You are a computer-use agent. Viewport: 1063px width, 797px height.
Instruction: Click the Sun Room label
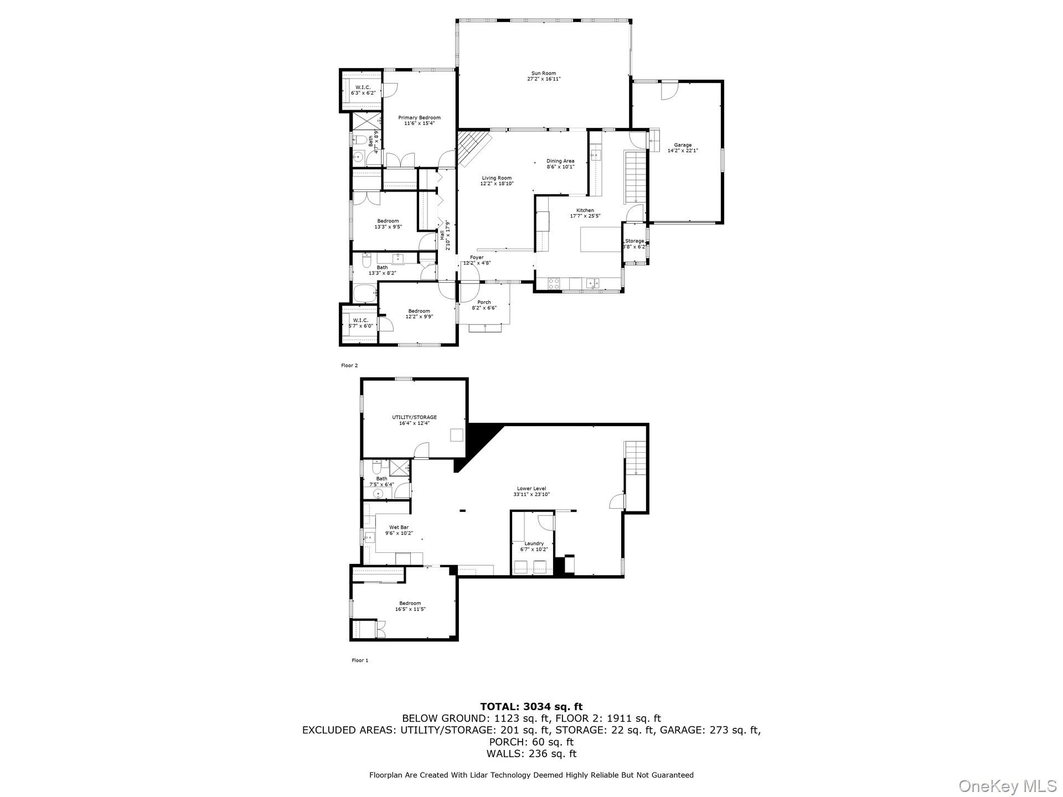543,73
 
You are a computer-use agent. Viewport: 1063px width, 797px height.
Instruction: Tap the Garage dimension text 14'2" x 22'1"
682,151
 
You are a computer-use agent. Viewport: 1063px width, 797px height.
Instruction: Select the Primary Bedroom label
419,117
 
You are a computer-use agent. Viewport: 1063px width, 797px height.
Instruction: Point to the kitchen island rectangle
600,239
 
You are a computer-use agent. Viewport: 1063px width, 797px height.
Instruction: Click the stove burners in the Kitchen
554,283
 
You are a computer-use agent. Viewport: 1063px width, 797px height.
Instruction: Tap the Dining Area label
560,161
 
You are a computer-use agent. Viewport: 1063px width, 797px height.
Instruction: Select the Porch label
484,302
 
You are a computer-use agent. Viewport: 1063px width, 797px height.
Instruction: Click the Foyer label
477,257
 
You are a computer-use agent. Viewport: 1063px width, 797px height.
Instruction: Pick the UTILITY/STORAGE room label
414,417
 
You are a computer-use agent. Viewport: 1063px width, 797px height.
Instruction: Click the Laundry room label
534,544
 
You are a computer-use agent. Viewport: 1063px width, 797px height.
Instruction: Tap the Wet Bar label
399,527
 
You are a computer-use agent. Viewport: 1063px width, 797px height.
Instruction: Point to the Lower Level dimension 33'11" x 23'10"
531,495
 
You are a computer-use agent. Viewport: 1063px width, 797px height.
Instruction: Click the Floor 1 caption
360,660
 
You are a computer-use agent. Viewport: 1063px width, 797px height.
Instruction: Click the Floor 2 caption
349,365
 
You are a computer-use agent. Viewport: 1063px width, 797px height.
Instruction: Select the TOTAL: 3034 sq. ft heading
531,706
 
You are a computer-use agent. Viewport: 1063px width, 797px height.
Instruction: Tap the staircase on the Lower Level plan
636,457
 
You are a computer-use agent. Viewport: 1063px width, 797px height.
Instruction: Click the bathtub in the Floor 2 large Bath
364,293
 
